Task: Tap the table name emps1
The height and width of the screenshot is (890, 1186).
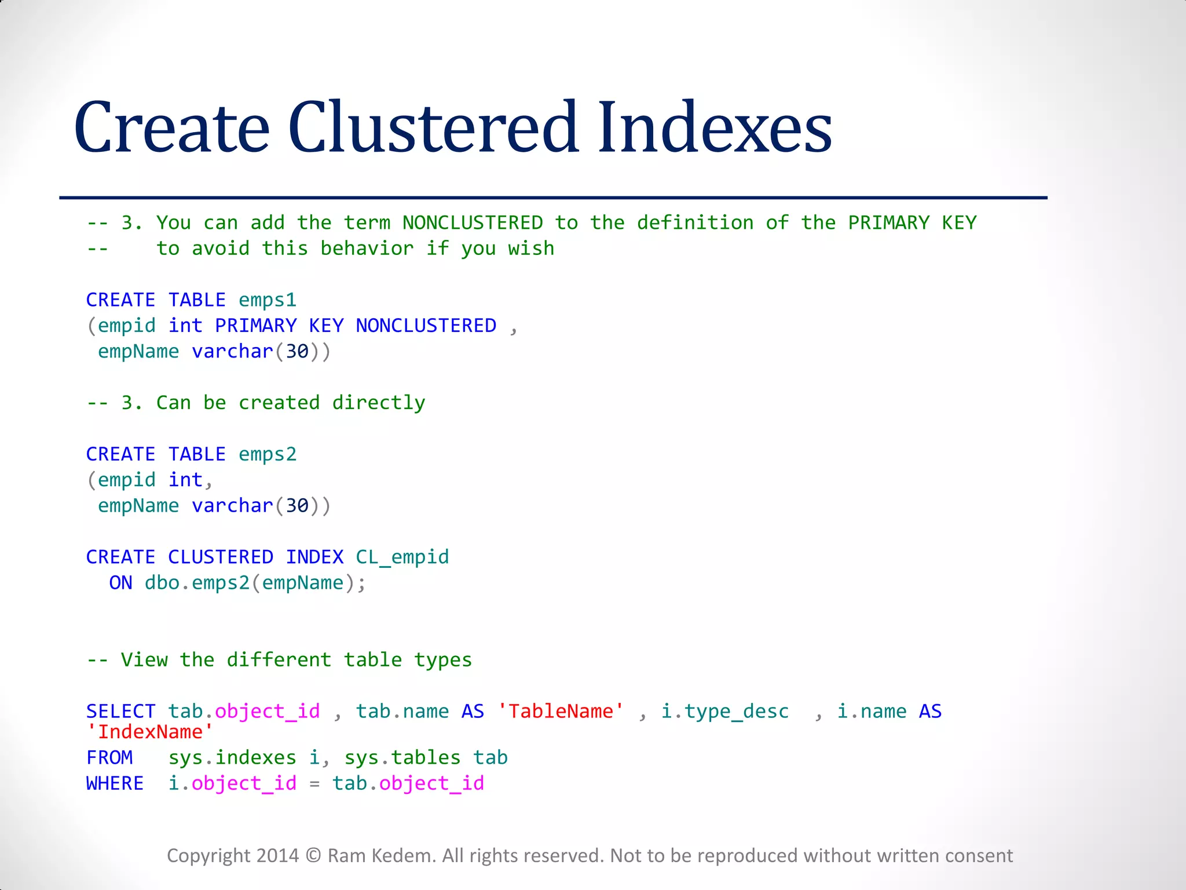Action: click(268, 300)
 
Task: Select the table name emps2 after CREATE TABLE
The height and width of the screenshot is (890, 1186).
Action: click(268, 454)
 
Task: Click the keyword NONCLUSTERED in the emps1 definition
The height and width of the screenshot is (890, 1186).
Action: click(426, 326)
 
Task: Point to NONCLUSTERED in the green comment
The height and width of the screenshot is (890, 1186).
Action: click(473, 223)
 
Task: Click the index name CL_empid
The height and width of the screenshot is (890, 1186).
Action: click(402, 557)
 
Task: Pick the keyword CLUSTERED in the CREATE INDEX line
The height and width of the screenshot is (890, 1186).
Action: click(221, 557)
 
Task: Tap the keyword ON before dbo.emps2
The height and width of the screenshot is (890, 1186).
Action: click(120, 583)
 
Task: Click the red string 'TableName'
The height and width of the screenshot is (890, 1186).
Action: click(561, 712)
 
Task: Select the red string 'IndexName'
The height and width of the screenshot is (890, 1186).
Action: click(150, 732)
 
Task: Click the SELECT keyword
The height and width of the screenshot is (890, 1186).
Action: click(120, 712)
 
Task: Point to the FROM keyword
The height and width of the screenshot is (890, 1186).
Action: click(109, 758)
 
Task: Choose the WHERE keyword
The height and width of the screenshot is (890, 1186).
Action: click(115, 783)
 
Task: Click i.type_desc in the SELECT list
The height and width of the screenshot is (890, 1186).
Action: click(725, 712)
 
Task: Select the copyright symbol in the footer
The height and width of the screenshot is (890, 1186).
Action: click(313, 856)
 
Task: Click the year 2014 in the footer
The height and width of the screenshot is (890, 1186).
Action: click(277, 856)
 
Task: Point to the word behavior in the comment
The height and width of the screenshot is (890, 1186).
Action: click(367, 249)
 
